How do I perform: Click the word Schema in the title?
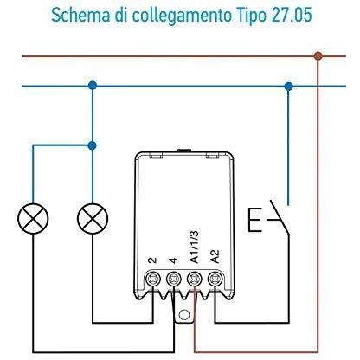(81, 15)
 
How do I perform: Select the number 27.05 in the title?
(292, 15)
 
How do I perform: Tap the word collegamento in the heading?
(182, 15)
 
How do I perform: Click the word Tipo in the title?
(251, 15)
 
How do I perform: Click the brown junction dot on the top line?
(318, 56)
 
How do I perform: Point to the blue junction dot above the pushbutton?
(288, 87)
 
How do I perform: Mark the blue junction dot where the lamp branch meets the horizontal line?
(93, 86)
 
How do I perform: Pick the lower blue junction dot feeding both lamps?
(93, 145)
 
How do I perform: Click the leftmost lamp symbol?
(33, 218)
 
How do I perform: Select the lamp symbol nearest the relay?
(93, 218)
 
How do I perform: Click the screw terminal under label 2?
(153, 279)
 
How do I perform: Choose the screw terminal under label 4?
(174, 279)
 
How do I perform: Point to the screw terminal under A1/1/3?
(195, 279)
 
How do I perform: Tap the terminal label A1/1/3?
(195, 247)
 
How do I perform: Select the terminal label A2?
(215, 256)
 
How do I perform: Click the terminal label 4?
(173, 260)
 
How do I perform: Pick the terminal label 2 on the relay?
(152, 260)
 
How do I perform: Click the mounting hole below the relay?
(184, 315)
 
